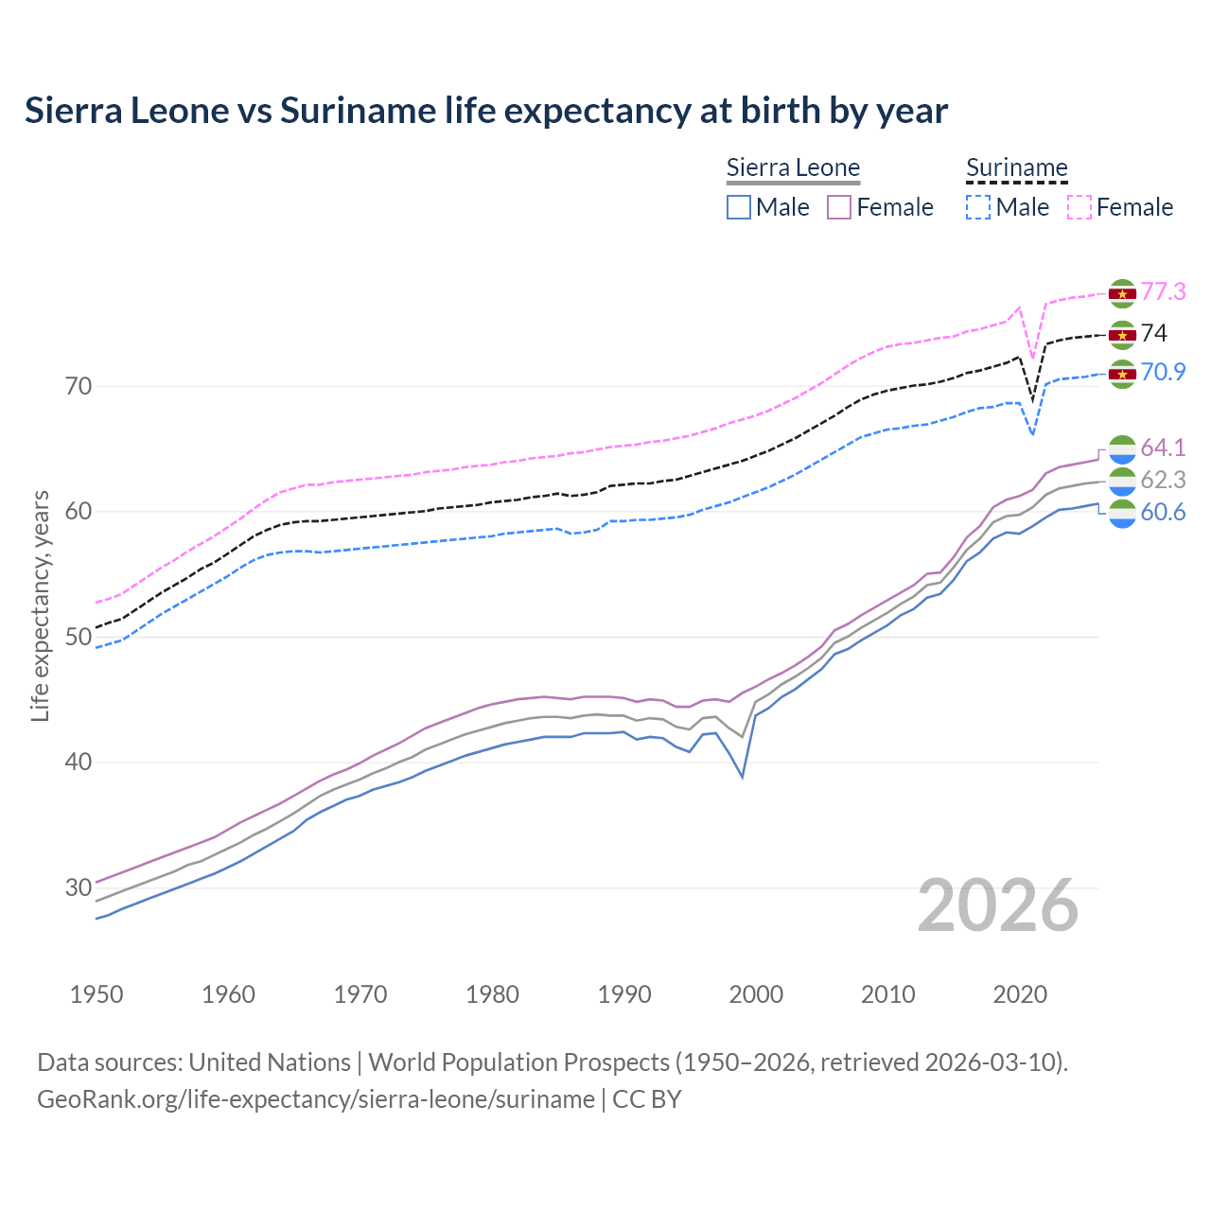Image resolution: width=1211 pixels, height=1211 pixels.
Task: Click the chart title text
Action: point(486,111)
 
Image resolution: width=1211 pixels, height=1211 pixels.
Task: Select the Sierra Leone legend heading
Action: point(793,168)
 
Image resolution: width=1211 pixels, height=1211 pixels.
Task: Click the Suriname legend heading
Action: point(1016,168)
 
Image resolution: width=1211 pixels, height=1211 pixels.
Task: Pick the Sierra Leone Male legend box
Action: point(739,207)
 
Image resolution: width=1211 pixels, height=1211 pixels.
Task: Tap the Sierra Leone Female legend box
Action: point(839,207)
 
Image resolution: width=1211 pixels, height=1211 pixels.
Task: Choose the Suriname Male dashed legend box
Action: point(978,207)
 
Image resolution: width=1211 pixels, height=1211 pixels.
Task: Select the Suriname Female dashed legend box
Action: point(1079,207)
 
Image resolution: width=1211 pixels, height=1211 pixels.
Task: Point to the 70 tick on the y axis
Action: point(79,386)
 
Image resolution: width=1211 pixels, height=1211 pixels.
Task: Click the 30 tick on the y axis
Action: point(79,887)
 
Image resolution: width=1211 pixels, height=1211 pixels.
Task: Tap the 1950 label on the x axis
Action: point(97,994)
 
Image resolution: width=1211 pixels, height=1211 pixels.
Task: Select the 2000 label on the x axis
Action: point(757,994)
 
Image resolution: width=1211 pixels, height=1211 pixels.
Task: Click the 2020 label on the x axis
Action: point(1020,994)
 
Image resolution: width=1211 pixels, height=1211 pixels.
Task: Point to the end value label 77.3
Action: point(1163,291)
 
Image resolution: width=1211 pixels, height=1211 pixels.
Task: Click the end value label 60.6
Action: point(1163,513)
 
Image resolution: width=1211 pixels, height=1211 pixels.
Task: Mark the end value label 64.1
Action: point(1163,448)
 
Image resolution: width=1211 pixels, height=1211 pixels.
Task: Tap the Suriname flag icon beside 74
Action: point(1122,335)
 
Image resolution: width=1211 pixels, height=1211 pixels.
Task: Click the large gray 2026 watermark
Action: point(998,905)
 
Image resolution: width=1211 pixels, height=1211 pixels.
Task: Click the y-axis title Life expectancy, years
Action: point(41,605)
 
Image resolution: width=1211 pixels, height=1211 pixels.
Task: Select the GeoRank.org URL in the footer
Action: point(316,1099)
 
